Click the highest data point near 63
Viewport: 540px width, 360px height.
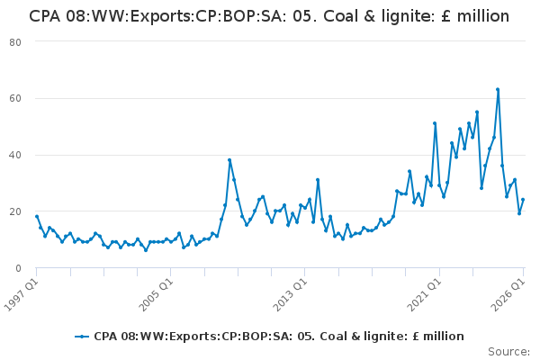(x=498, y=90)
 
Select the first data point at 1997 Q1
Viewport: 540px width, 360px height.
(x=37, y=216)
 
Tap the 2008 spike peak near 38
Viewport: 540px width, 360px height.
(x=229, y=160)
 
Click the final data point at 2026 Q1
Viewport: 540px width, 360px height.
(x=523, y=200)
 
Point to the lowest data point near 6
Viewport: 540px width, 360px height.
(x=146, y=250)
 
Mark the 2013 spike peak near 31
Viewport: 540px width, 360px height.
(x=318, y=180)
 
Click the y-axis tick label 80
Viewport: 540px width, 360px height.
(x=15, y=42)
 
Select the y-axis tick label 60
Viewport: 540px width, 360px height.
(x=15, y=98)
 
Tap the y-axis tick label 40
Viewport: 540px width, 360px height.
(x=15, y=155)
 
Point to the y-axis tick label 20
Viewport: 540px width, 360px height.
(x=15, y=211)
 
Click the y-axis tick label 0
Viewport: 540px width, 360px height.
(x=18, y=268)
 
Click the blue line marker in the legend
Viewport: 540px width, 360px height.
(x=82, y=337)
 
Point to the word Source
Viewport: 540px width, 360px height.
(x=508, y=352)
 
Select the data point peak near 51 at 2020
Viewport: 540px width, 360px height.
(x=435, y=123)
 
